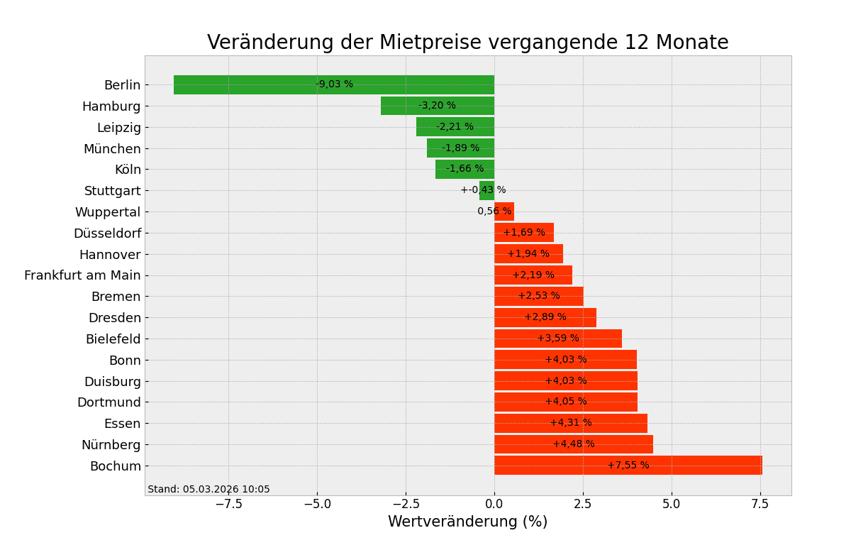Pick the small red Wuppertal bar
504,211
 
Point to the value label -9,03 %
334,84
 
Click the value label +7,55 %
628,466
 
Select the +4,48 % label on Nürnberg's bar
573,444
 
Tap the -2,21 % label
455,127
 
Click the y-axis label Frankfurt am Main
82,275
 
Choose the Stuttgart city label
112,191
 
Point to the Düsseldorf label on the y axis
107,233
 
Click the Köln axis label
128,170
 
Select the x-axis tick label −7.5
228,504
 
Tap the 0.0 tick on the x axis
494,504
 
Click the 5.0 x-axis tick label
672,504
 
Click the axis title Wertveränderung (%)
467,522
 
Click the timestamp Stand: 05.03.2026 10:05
208,490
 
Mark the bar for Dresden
545,317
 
